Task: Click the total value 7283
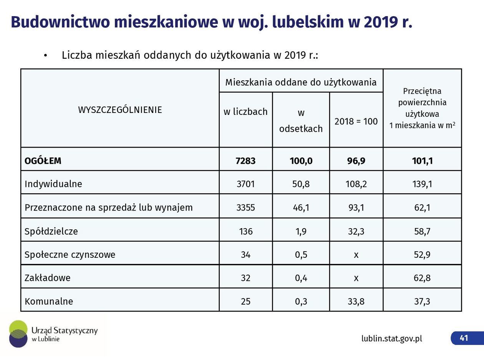[245, 161]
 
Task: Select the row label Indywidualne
[53, 184]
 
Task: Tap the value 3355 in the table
[245, 208]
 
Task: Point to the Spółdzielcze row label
[51, 231]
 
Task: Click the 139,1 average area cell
[423, 184]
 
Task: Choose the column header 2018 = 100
[356, 121]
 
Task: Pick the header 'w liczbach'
[245, 112]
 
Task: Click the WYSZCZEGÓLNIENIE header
[120, 110]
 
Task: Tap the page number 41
[464, 338]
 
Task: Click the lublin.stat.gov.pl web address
[391, 338]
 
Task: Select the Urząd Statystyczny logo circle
[18, 333]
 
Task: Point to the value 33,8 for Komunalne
[356, 302]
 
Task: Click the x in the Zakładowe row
[356, 278]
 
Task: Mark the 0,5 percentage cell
[301, 255]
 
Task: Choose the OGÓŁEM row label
[43, 161]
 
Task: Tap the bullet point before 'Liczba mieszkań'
[45, 56]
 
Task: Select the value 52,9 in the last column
[422, 255]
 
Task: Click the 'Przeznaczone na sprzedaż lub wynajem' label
[109, 208]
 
